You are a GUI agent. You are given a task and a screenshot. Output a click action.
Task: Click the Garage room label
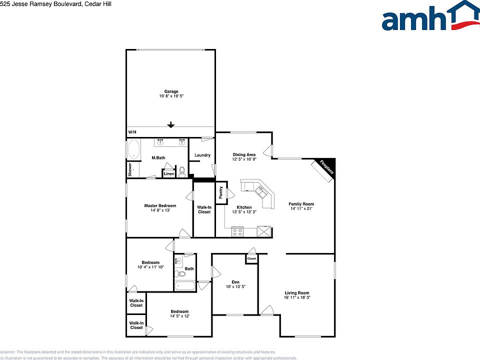(171, 91)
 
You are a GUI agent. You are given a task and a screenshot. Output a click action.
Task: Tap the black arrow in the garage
(171, 125)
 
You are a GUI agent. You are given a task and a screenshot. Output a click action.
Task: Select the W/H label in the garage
(132, 132)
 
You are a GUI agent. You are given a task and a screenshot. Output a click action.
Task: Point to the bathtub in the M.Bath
(133, 149)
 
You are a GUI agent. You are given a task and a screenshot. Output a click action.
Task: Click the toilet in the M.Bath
(182, 172)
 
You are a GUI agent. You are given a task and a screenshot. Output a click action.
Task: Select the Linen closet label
(169, 174)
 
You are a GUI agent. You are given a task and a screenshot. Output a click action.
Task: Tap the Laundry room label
(202, 155)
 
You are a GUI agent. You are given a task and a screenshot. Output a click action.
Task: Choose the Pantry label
(220, 192)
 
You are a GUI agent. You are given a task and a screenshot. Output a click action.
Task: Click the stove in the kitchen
(237, 232)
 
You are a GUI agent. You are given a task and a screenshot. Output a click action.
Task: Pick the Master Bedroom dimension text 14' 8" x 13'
(160, 210)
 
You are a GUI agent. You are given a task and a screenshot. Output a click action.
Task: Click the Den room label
(235, 281)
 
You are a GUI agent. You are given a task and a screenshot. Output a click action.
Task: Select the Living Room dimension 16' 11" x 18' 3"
(297, 298)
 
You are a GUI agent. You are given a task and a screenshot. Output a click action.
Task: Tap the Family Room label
(301, 204)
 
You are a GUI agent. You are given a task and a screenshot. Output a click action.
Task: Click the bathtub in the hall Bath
(185, 286)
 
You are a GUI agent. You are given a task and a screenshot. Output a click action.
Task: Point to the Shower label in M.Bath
(129, 170)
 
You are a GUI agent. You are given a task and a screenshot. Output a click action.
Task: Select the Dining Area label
(244, 154)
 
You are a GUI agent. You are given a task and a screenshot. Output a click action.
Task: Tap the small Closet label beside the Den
(251, 258)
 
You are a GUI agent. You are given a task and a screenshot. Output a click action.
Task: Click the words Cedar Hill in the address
(98, 4)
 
